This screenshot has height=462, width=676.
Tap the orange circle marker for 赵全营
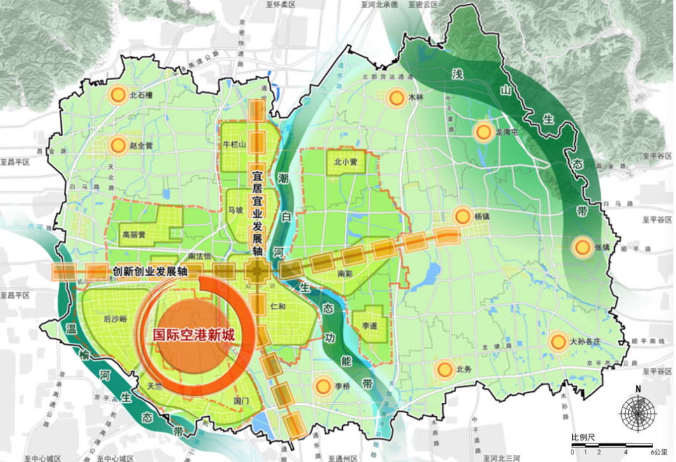click(x=118, y=145)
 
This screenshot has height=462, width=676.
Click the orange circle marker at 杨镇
click(x=463, y=216)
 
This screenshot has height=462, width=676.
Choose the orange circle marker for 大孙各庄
click(x=559, y=342)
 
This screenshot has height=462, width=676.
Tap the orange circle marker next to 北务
click(x=443, y=369)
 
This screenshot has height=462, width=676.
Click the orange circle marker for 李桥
click(x=323, y=385)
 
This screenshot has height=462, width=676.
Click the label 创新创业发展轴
click(x=150, y=271)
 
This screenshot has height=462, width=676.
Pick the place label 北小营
click(x=345, y=162)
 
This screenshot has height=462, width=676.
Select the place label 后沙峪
click(x=115, y=318)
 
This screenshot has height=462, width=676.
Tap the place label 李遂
click(x=370, y=325)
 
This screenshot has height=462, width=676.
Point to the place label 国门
click(x=241, y=402)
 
